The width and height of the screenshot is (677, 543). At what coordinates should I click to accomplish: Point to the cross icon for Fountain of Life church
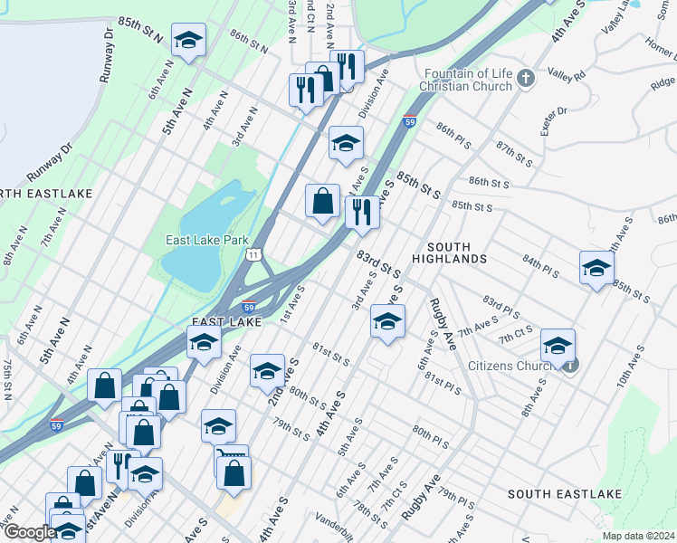click(527, 79)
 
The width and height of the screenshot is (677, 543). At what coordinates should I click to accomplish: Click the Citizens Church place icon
click(569, 365)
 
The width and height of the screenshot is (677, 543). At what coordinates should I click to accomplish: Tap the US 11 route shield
click(254, 256)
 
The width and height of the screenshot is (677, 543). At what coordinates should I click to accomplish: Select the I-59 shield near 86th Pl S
click(410, 120)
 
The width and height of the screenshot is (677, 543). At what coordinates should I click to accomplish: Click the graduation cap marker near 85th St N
click(189, 41)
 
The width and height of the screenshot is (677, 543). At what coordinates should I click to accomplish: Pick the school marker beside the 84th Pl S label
click(596, 268)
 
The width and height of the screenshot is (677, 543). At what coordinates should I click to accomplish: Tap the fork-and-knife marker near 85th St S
click(361, 213)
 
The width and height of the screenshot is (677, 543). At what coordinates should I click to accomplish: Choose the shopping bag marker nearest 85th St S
click(322, 202)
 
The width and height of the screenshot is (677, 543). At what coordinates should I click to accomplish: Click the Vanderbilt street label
click(338, 519)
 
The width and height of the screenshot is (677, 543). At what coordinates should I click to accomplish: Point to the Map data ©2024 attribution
click(638, 536)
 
